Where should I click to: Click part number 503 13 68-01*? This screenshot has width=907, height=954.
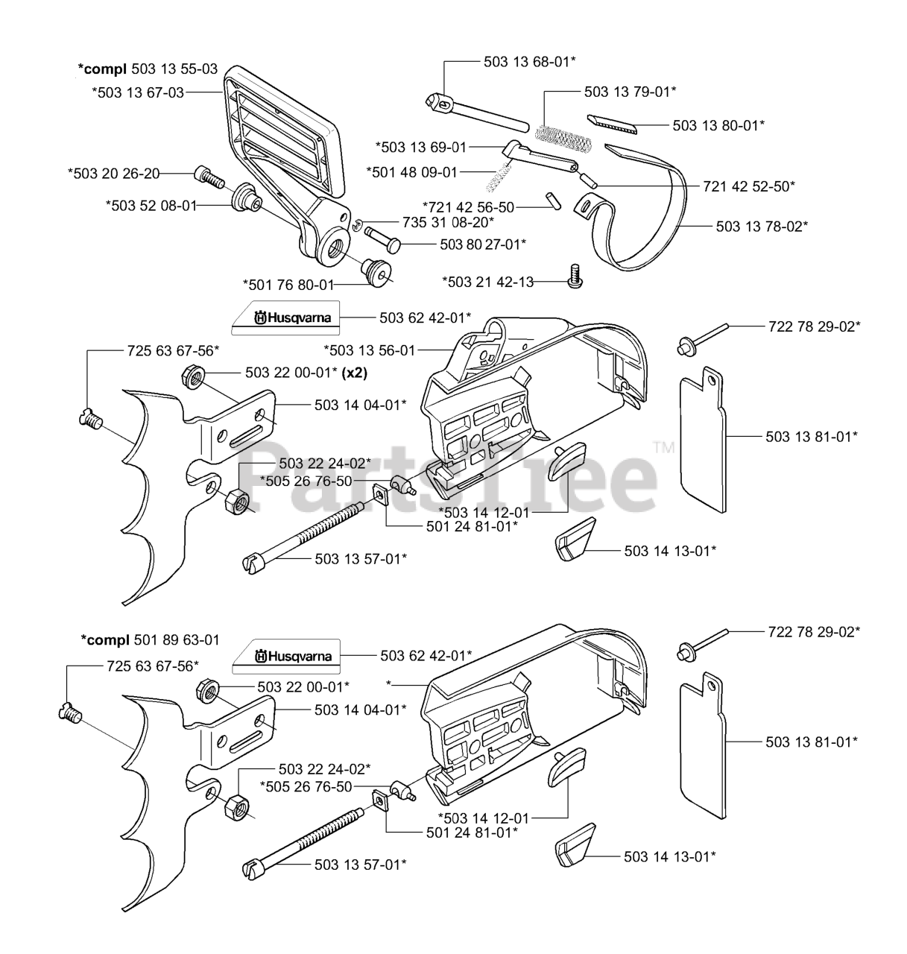coord(529,63)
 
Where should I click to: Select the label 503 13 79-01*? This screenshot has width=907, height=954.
coord(630,92)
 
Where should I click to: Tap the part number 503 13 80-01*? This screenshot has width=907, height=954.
coord(718,126)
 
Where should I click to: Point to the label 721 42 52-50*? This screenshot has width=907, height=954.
coord(748,186)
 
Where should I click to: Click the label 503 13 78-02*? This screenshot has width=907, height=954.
coord(762,226)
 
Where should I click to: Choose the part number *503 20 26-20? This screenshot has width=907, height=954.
coord(113,174)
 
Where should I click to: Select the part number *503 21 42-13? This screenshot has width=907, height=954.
coord(487,282)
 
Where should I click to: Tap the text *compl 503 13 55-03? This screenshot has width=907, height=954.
coord(148,69)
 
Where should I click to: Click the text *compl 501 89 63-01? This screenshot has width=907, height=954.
coord(150,640)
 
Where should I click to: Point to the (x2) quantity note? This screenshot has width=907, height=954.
coord(357,373)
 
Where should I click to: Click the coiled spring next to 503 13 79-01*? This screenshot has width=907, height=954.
coord(563,137)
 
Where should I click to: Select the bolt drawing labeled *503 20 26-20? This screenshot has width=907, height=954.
coord(209,177)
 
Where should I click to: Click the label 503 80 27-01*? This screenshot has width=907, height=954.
coord(483,244)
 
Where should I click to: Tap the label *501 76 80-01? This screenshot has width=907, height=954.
coord(288,284)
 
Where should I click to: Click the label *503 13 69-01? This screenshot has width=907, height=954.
coord(420,148)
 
